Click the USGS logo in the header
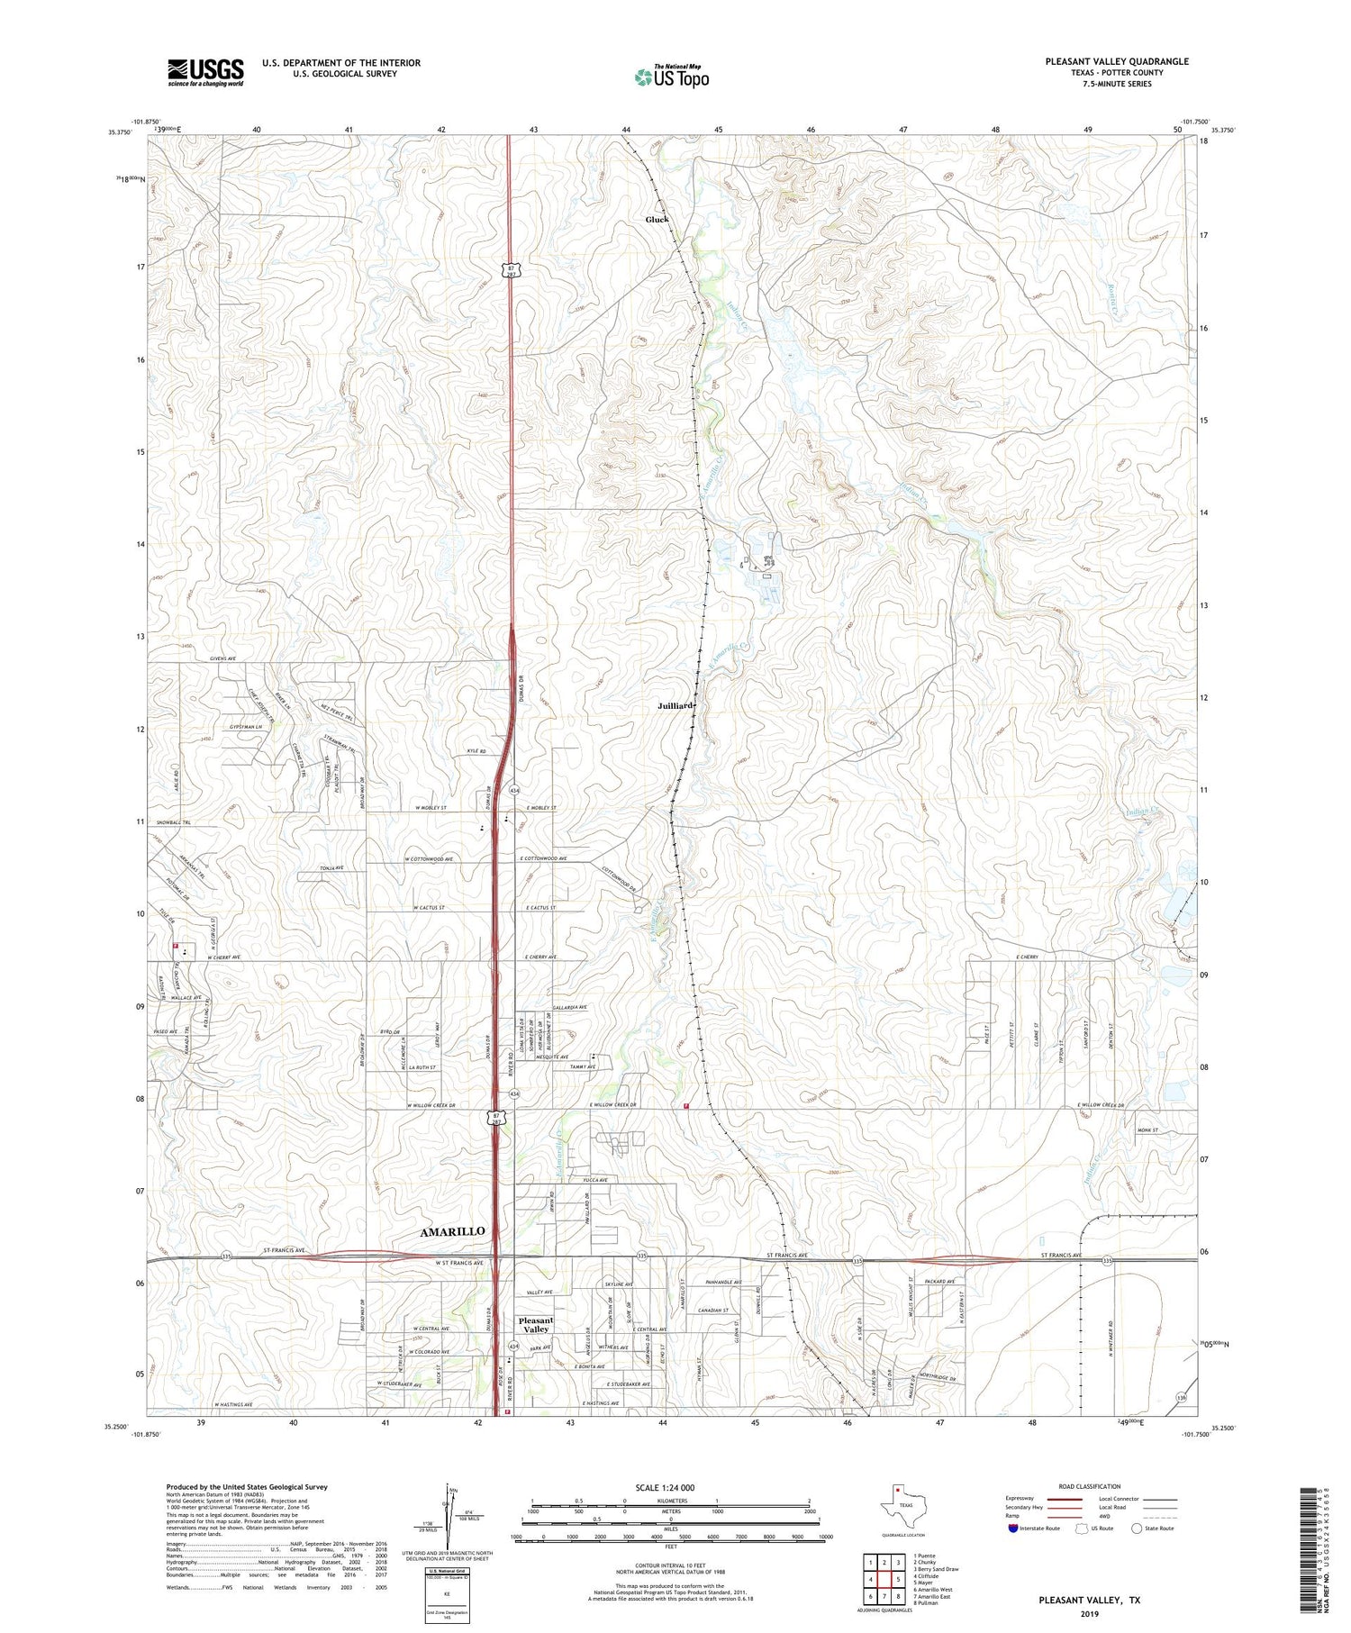(x=205, y=72)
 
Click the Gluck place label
(x=657, y=219)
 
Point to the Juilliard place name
(x=675, y=706)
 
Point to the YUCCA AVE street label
(x=596, y=1180)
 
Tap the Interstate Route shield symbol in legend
(x=1012, y=1529)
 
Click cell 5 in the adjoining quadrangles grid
(x=898, y=1579)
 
